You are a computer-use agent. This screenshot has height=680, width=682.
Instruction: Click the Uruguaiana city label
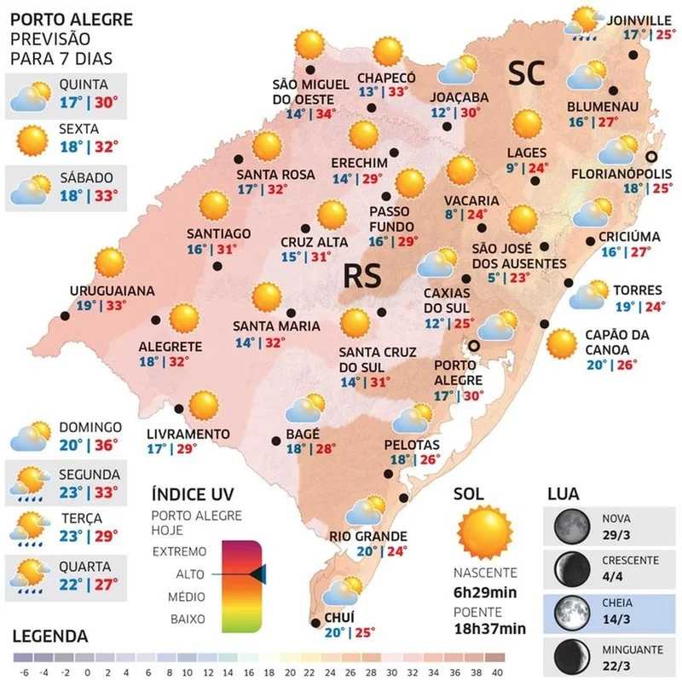point(113,291)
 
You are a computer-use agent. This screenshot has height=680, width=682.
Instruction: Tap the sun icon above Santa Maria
point(267,297)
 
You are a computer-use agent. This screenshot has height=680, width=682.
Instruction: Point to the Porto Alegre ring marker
point(474,345)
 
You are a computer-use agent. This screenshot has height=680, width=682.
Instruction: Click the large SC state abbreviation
point(526,74)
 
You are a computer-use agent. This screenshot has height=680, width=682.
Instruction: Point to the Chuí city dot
point(315,623)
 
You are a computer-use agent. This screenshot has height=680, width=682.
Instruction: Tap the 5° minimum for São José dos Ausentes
point(493,279)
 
